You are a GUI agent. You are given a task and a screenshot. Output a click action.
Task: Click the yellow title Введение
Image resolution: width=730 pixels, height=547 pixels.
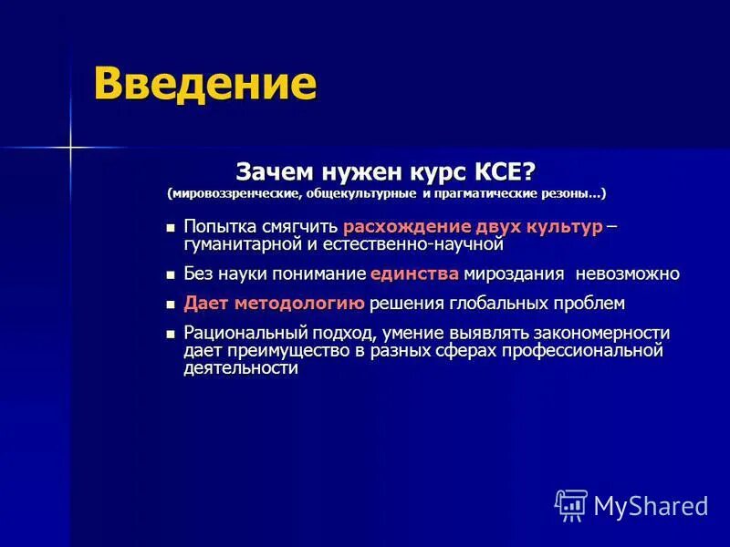click(205, 85)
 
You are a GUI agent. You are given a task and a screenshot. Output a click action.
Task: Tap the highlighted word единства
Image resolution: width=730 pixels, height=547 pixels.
click(415, 273)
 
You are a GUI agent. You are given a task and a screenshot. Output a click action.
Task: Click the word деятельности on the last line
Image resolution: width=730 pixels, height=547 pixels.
click(241, 368)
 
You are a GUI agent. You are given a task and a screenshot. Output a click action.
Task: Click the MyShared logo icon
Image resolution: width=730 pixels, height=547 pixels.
click(571, 505)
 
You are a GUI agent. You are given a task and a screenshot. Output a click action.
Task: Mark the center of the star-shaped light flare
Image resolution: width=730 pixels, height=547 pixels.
click(70, 146)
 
